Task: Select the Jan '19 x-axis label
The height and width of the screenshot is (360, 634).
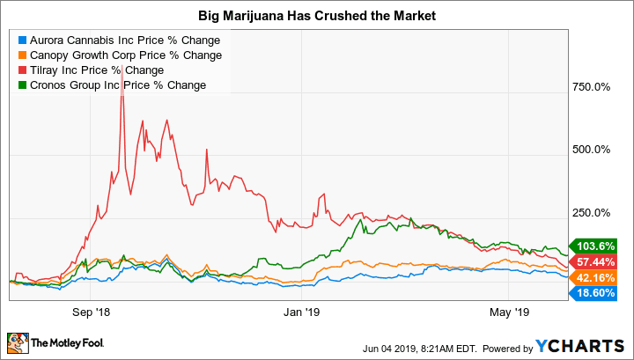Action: point(300,311)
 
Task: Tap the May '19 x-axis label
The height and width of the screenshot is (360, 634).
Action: point(507,311)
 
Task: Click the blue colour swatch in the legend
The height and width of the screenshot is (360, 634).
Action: point(22,40)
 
